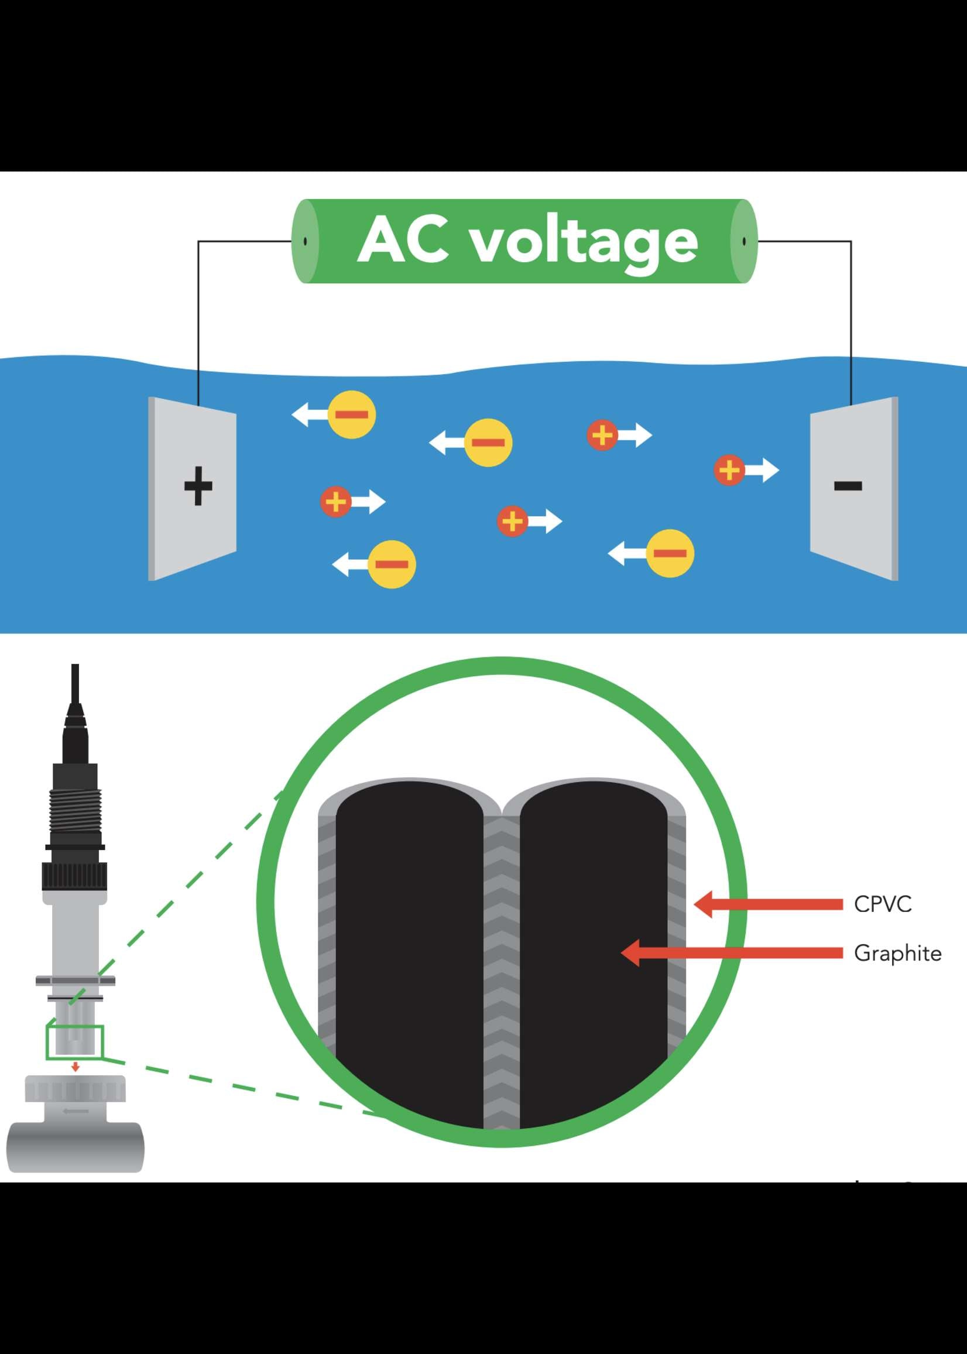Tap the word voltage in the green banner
pyautogui.click(x=584, y=243)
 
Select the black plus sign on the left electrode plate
pyautogui.click(x=198, y=486)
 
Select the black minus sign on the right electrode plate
pyautogui.click(x=848, y=486)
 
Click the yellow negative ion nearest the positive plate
pyautogui.click(x=352, y=414)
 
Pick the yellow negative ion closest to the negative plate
pyautogui.click(x=670, y=553)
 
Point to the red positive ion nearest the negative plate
pyautogui.click(x=729, y=471)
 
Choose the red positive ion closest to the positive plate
pyautogui.click(x=337, y=501)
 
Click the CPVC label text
pyautogui.click(x=883, y=904)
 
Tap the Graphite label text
pyautogui.click(x=897, y=953)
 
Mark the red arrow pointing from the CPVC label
pyautogui.click(x=768, y=904)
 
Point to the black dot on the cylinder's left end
pyautogui.click(x=306, y=241)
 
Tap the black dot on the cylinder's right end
pyautogui.click(x=744, y=241)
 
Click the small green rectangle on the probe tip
pyautogui.click(x=75, y=1042)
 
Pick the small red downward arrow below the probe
pyautogui.click(x=75, y=1067)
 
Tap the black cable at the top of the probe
pyautogui.click(x=75, y=685)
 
